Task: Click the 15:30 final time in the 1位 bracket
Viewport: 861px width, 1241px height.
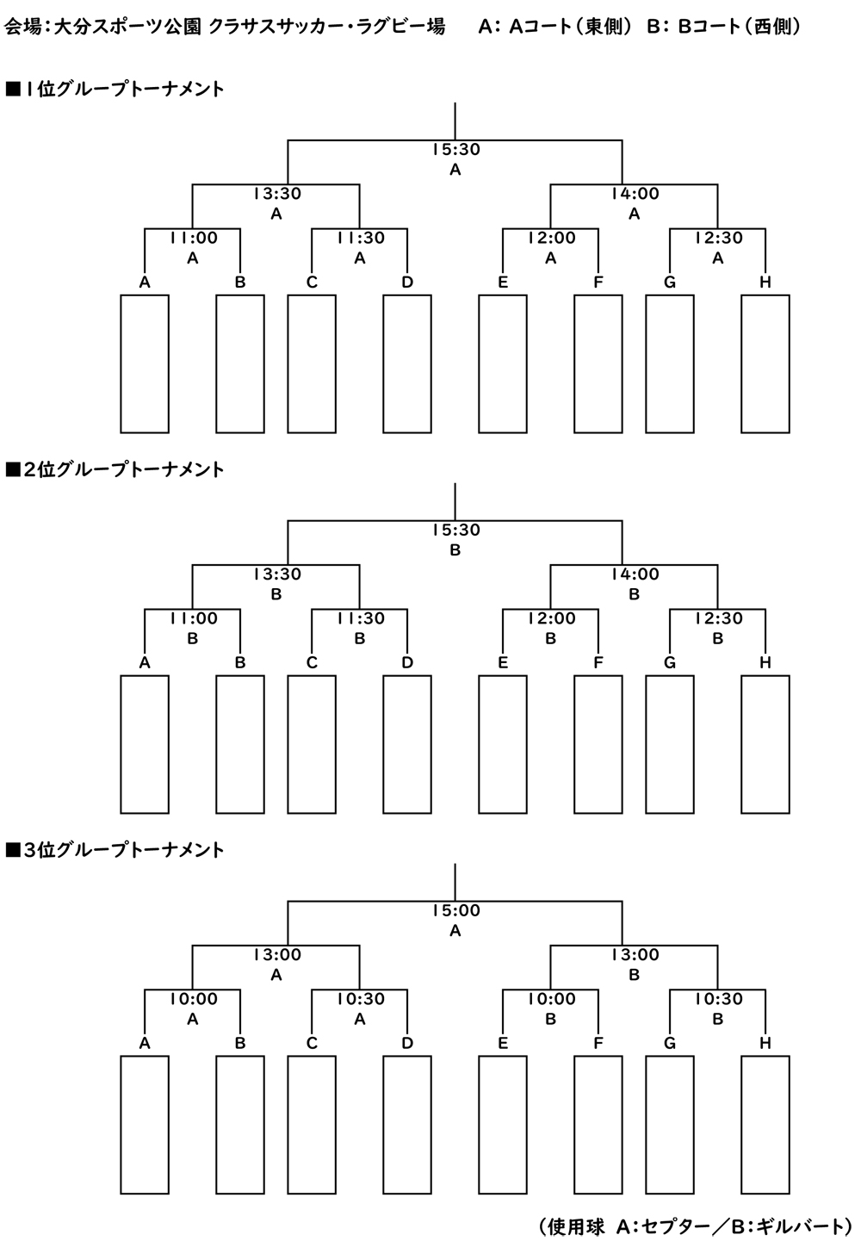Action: pos(455,150)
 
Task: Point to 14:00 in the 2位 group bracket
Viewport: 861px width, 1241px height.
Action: pos(635,574)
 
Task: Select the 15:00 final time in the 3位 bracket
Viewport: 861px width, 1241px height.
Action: pos(455,911)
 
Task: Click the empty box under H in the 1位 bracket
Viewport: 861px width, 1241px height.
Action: pos(765,363)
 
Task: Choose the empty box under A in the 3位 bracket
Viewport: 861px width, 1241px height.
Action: pos(145,1125)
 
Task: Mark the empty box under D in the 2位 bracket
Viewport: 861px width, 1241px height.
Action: pos(407,744)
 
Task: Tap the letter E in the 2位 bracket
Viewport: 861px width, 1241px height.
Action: pos(503,663)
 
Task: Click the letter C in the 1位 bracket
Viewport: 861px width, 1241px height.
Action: pos(312,282)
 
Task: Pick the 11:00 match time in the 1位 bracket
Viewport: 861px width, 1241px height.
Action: pos(193,239)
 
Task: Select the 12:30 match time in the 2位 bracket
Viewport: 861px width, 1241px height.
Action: pos(718,619)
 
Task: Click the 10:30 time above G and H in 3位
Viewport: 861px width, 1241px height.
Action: pos(718,999)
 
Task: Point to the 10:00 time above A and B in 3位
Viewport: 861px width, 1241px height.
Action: pos(193,999)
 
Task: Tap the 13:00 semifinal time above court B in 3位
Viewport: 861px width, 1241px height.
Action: pos(635,955)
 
